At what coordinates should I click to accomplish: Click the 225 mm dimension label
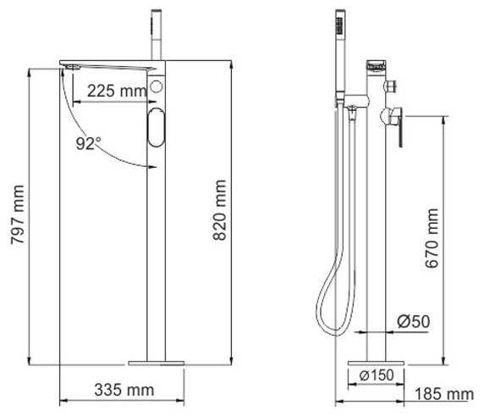(117, 91)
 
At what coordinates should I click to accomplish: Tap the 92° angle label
(88, 143)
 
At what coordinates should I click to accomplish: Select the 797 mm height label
(17, 214)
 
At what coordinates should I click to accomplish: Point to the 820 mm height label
(220, 210)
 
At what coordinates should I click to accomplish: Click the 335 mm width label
(124, 390)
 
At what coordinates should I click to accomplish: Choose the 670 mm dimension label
(432, 238)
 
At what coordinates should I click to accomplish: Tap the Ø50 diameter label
(413, 321)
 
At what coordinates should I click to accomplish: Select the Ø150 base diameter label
(377, 375)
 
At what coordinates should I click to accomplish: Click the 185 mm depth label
(444, 394)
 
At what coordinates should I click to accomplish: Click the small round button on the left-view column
(157, 86)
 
